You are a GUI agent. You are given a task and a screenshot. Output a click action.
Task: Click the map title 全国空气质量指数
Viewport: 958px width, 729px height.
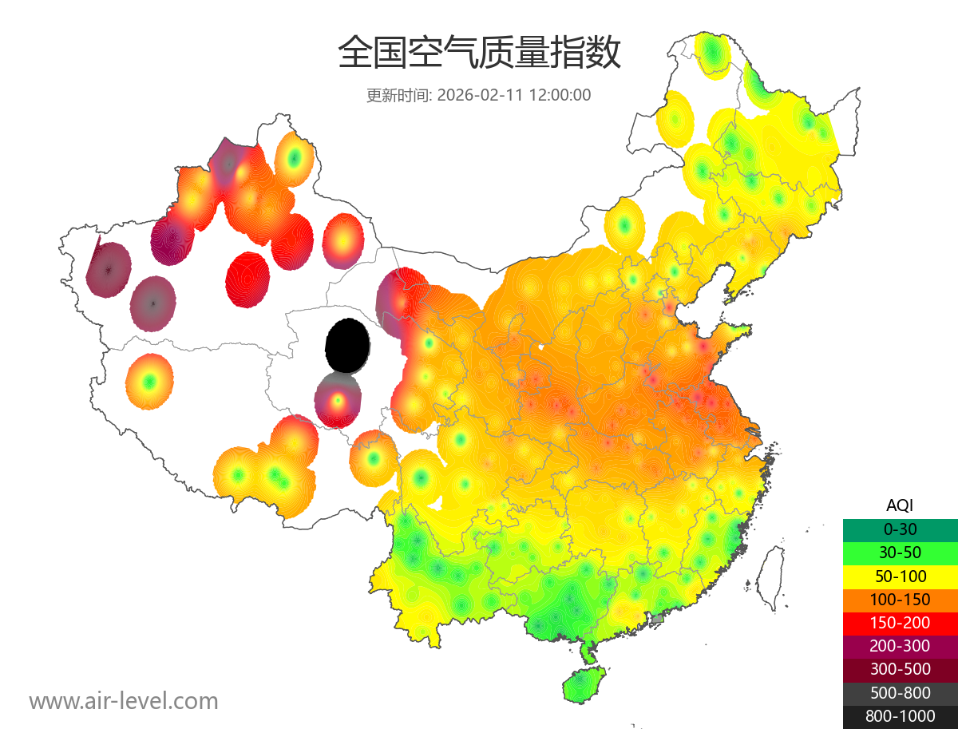pos(479,53)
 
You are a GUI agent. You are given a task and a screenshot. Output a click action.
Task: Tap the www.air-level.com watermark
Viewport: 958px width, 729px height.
pos(124,701)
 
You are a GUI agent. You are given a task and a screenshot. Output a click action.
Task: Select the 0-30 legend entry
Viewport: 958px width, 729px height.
pos(900,529)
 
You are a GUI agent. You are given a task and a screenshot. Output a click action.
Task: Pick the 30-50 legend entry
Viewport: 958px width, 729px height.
pos(900,553)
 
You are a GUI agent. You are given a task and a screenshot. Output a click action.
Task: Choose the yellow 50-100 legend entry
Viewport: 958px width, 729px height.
pos(900,576)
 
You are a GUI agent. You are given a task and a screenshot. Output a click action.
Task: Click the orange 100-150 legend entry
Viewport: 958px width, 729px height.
pos(900,600)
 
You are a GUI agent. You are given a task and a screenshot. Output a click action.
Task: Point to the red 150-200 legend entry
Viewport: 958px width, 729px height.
pos(900,623)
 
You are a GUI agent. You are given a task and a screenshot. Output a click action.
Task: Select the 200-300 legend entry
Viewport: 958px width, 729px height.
pos(900,646)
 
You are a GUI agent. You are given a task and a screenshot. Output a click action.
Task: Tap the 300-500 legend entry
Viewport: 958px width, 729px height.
pos(900,669)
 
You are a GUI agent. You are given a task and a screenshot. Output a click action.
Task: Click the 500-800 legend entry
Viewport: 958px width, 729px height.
pos(900,693)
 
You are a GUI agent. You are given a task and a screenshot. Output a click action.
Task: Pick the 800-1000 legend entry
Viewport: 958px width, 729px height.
pos(900,716)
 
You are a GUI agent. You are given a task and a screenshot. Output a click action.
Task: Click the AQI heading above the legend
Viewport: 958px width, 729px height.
pos(900,505)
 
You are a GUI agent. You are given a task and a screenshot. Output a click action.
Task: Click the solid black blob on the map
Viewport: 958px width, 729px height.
pos(347,345)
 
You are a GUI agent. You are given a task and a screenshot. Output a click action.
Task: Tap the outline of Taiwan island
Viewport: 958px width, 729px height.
pos(768,577)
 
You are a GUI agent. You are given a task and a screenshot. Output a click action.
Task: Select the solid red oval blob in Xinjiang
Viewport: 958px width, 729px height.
pos(247,275)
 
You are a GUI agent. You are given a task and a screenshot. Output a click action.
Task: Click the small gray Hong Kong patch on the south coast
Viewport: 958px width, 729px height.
pos(658,619)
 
